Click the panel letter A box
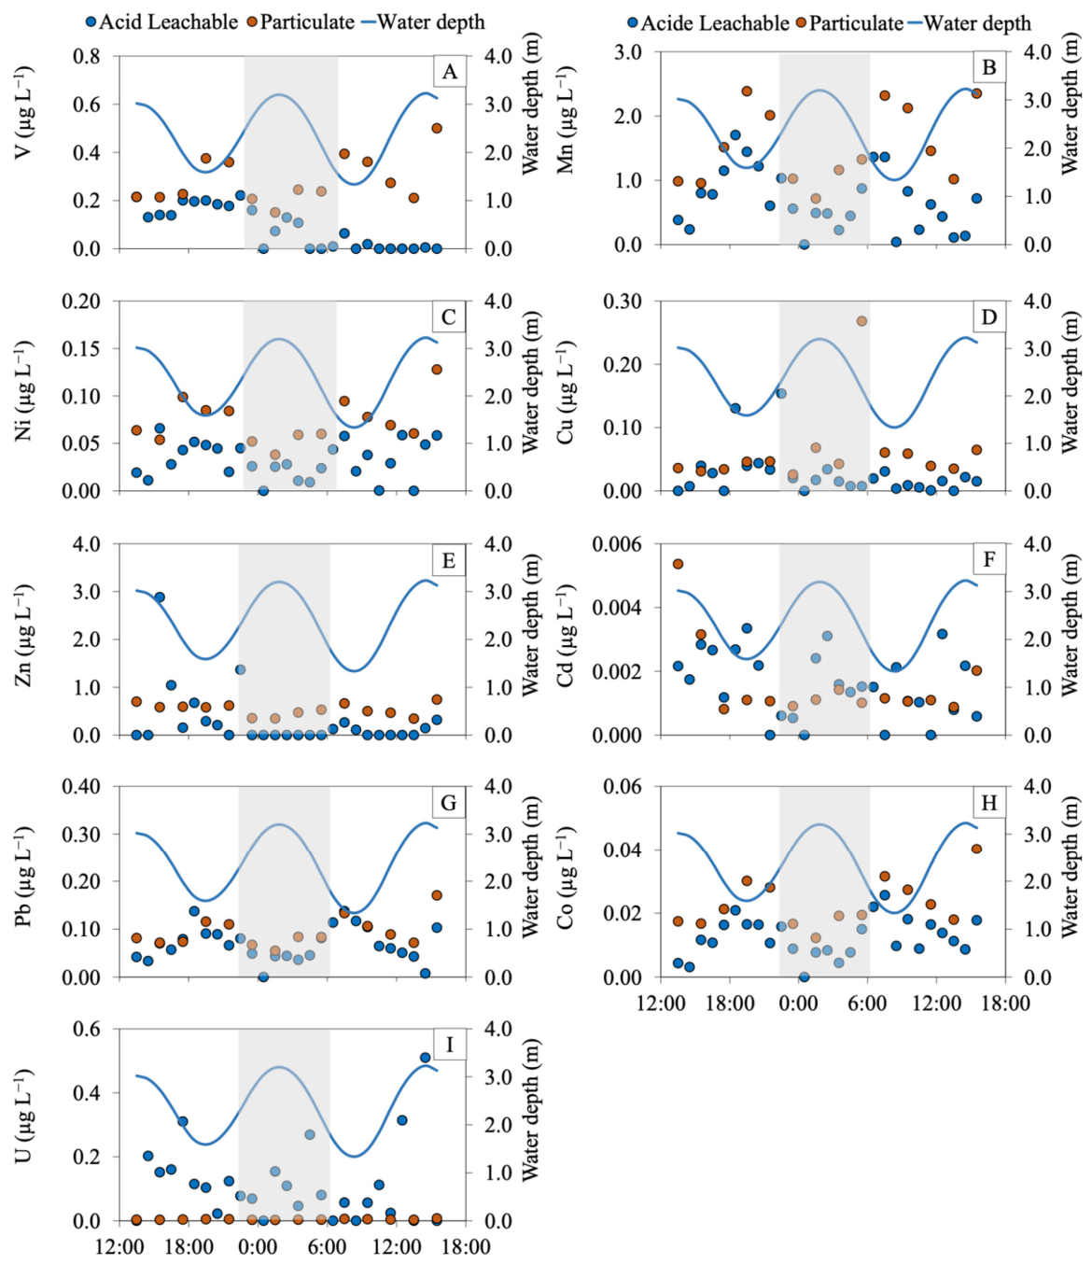(449, 72)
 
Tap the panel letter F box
(988, 559)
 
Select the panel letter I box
(449, 1045)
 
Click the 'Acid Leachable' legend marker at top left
(91, 22)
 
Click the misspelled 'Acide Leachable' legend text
(715, 23)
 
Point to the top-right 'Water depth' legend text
(977, 23)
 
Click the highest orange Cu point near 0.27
(861, 321)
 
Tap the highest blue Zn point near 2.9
(160, 597)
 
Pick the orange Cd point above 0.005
(678, 563)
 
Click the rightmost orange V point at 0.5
(437, 128)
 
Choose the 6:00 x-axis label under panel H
(868, 1004)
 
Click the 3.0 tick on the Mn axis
(631, 52)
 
